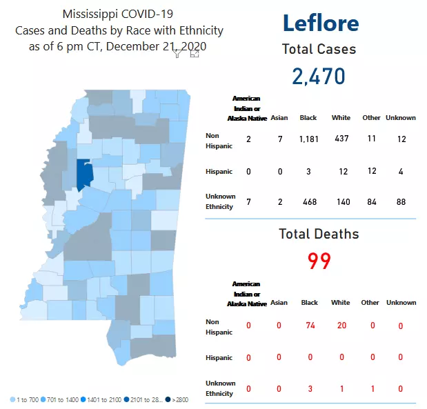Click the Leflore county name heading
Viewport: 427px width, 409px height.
[320, 22]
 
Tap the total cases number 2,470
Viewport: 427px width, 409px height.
[318, 76]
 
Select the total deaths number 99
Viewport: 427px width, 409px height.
[319, 261]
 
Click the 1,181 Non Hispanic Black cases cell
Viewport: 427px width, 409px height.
[308, 139]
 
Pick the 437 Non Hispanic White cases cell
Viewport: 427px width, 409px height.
[341, 139]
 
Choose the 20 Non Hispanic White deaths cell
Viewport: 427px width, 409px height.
[341, 326]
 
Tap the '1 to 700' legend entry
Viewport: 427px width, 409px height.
[25, 399]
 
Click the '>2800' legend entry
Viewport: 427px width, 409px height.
[176, 399]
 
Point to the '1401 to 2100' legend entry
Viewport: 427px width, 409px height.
[100, 399]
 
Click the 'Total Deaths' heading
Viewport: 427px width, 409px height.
[319, 234]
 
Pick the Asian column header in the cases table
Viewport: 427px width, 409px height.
[279, 118]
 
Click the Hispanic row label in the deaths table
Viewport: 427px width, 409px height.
[219, 357]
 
